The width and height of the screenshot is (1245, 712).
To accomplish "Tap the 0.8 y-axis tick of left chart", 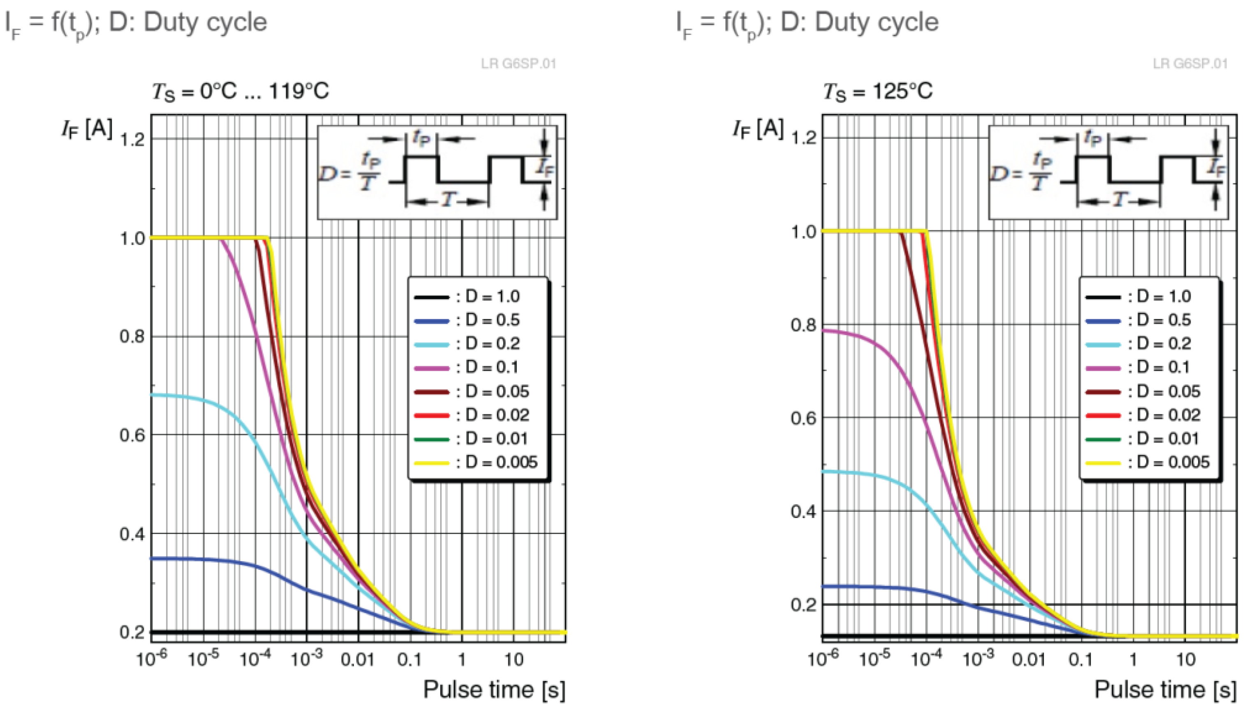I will tap(132, 337).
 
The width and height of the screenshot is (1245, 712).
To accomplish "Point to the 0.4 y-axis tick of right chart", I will tap(803, 512).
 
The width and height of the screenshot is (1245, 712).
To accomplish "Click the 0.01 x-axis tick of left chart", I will tap(357, 660).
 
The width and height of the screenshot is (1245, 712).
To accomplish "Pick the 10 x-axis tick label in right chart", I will tap(1185, 660).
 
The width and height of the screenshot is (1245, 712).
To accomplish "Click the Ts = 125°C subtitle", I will tap(878, 91).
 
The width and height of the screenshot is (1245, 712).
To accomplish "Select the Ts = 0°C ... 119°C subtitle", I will tap(241, 91).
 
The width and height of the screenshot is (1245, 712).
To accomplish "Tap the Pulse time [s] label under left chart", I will tap(494, 690).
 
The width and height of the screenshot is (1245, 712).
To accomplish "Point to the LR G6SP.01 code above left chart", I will tap(518, 64).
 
